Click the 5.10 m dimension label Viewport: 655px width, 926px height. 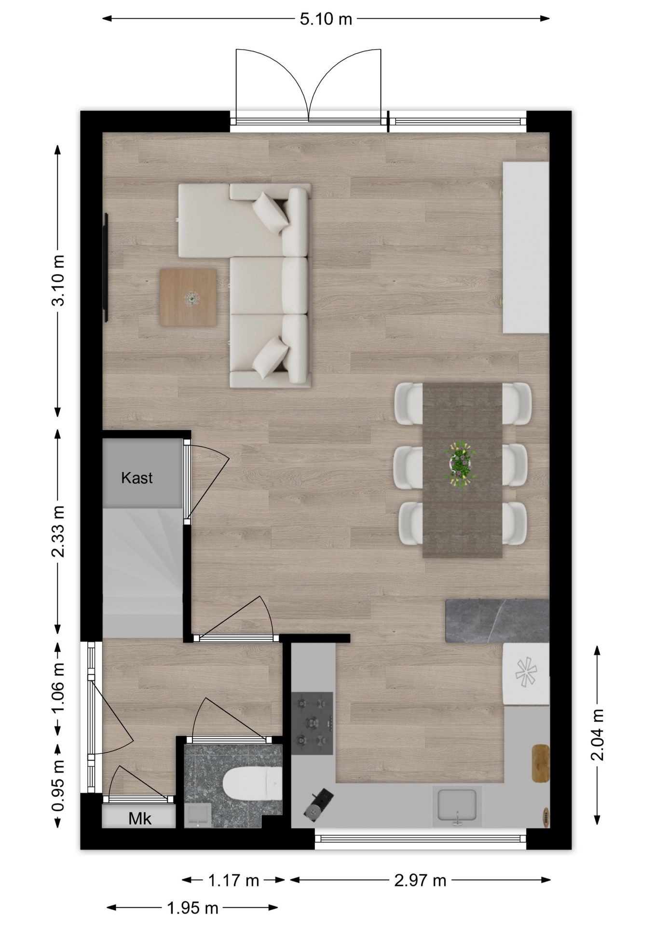(x=326, y=19)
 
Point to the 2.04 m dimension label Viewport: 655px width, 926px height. (x=598, y=735)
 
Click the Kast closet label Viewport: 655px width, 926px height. (x=137, y=478)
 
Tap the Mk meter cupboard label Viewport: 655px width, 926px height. (x=140, y=818)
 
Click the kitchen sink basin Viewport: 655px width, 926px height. (x=456, y=804)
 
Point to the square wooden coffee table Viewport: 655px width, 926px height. (x=188, y=298)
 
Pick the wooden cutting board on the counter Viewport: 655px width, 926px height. (x=541, y=763)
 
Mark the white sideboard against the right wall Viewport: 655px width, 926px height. (x=526, y=247)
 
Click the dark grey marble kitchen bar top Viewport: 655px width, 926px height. (x=497, y=621)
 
